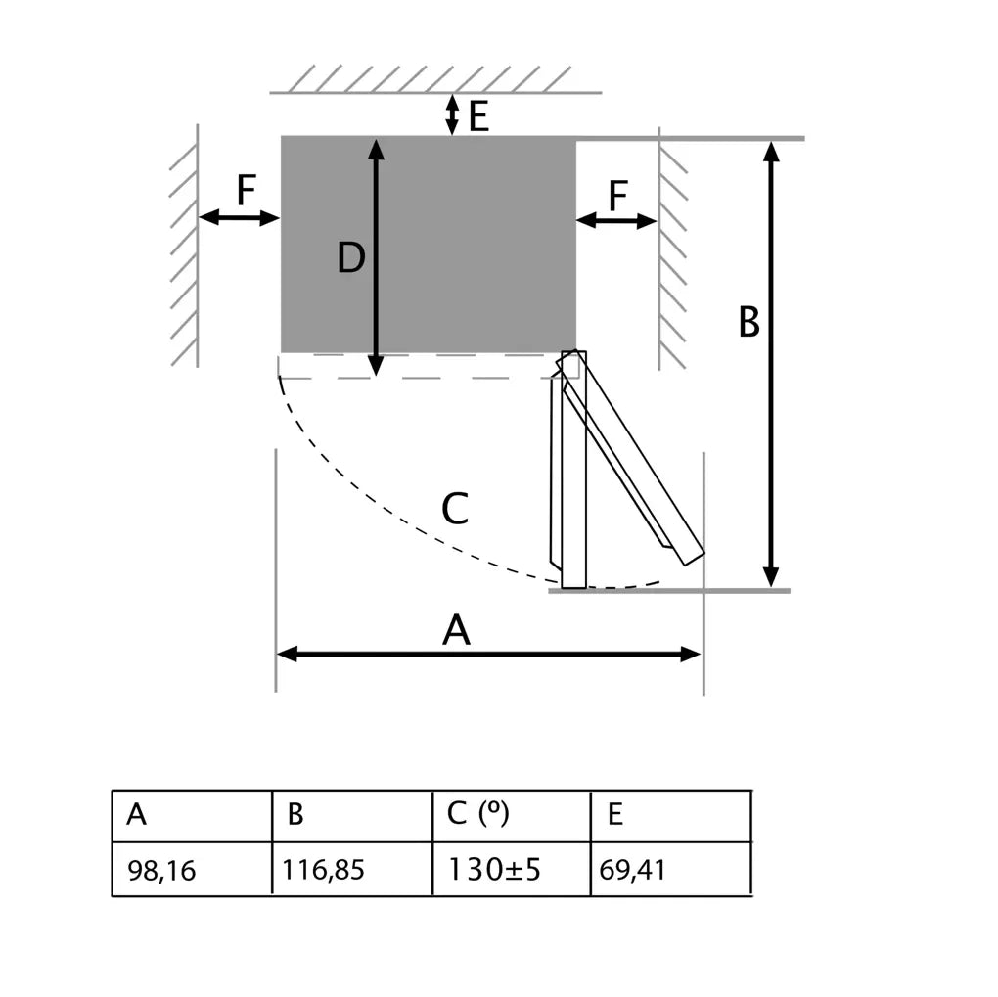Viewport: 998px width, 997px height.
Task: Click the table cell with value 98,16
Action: tap(192, 869)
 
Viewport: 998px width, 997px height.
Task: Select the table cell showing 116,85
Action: tap(352, 869)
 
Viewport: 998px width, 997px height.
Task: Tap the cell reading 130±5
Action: tap(512, 869)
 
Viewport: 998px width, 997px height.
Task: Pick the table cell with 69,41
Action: tap(671, 869)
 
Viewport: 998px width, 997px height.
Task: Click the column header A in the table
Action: tap(192, 815)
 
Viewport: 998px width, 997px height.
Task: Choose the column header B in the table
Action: tap(352, 815)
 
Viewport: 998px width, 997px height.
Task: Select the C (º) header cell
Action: tap(512, 815)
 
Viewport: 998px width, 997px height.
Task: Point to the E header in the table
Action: tap(671, 815)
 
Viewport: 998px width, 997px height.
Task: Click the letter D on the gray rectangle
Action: tap(350, 258)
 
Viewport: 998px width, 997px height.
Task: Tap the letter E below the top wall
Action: tap(477, 117)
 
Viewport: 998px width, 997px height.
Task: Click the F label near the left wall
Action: tap(246, 191)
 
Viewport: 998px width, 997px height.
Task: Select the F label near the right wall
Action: tap(617, 197)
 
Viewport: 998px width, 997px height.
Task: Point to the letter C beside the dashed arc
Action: tap(455, 509)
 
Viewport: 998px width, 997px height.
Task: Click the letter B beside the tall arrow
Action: tap(748, 322)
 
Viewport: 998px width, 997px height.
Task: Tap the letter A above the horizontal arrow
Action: tap(456, 631)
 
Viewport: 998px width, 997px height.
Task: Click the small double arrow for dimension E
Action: tap(451, 114)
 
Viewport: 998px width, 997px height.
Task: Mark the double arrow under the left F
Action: tap(240, 218)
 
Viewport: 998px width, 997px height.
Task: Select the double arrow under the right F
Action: tap(616, 221)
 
